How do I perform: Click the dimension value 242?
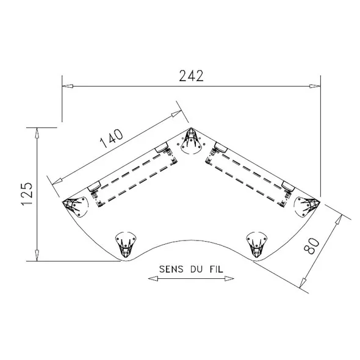(191, 76)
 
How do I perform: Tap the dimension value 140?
(112, 139)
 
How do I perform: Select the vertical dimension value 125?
(27, 194)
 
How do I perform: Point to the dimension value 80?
(312, 246)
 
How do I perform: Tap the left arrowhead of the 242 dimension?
(68, 86)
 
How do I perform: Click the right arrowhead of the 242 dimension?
(315, 86)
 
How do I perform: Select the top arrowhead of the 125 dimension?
(37, 133)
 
